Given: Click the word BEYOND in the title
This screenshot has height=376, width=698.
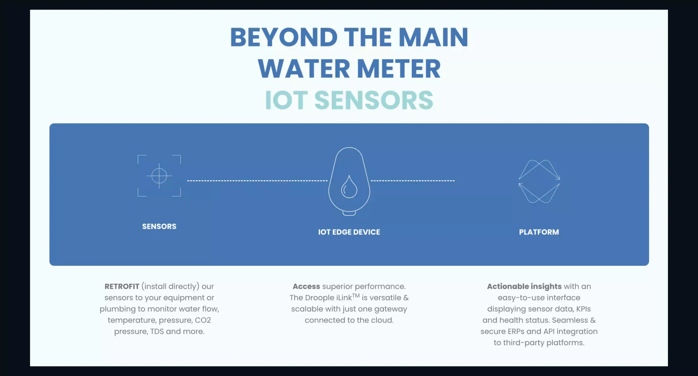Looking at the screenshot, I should [x=284, y=37].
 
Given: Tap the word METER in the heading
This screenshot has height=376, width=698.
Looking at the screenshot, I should [x=399, y=69].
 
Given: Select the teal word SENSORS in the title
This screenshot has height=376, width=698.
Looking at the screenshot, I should [x=374, y=101].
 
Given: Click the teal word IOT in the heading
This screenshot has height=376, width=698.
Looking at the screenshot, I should [x=286, y=101].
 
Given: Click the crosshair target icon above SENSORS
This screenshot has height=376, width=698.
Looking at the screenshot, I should [x=159, y=176].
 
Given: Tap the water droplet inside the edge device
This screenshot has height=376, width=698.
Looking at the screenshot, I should [x=349, y=187].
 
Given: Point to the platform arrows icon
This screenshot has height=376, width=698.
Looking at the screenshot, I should [x=539, y=181].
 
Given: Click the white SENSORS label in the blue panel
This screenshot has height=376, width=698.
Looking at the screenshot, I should [x=159, y=227].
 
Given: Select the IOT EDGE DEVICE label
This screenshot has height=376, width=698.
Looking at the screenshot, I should [x=349, y=232].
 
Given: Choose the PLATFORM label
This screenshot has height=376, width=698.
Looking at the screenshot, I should [x=539, y=232].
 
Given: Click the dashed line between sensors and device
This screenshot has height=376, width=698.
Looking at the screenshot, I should [x=257, y=181].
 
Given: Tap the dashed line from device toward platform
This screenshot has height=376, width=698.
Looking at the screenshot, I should [x=413, y=181].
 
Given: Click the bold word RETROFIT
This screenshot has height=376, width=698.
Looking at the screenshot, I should [x=122, y=287].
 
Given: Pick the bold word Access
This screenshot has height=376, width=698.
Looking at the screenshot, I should [x=306, y=287].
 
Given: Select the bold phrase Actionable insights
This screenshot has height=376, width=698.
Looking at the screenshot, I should [x=524, y=287].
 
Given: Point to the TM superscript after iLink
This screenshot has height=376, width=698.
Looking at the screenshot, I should [x=356, y=296].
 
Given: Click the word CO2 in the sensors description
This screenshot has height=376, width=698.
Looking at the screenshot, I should [x=203, y=320].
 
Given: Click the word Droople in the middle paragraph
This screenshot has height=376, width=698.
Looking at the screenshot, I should [x=319, y=298].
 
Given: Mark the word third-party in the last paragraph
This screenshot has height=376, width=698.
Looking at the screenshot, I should [x=523, y=343].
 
